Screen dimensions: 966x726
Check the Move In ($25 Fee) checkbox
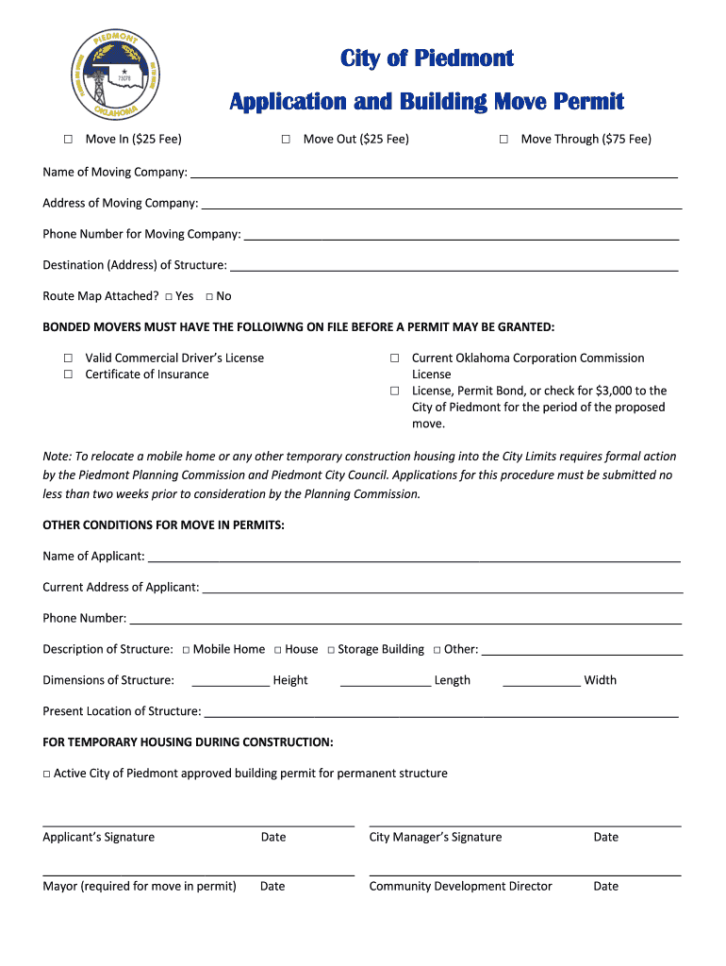point(68,140)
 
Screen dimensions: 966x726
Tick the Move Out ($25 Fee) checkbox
point(286,140)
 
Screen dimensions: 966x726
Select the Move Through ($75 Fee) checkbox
point(503,140)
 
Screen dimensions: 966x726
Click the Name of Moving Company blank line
point(434,174)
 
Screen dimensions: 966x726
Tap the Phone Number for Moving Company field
point(461,236)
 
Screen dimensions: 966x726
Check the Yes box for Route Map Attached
point(168,297)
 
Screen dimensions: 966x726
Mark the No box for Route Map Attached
point(209,297)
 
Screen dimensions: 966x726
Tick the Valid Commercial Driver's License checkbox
point(68,358)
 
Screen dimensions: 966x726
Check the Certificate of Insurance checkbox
point(68,375)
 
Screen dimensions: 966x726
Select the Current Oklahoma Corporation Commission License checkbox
point(395,358)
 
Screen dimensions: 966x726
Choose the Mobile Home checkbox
point(187,650)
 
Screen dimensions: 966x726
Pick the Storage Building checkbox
point(331,650)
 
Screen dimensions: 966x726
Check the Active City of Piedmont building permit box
point(46,774)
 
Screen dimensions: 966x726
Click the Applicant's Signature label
point(98,837)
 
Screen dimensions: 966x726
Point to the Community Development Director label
point(460,886)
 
